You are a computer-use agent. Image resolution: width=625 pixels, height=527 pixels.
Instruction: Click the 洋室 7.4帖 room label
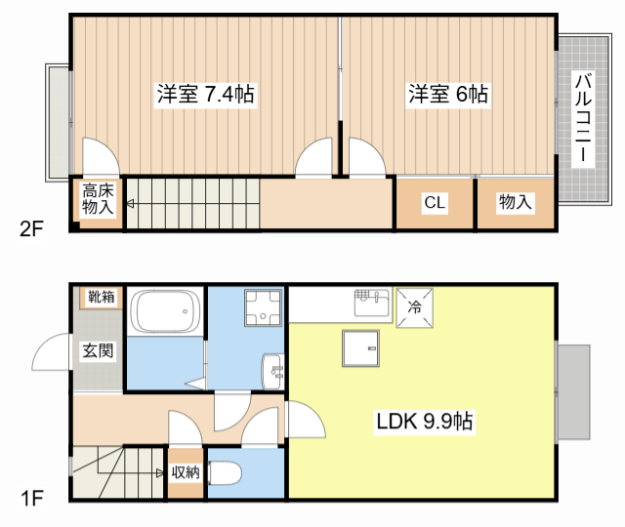[206, 95]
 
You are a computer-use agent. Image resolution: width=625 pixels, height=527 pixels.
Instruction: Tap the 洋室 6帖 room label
[447, 95]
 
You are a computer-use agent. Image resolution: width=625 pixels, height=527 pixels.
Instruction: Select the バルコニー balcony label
[582, 117]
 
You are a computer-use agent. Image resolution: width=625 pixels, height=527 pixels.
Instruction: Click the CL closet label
[435, 203]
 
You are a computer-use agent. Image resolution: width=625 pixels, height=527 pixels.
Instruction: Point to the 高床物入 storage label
[98, 198]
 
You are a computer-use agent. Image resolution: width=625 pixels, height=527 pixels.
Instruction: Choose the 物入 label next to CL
[515, 203]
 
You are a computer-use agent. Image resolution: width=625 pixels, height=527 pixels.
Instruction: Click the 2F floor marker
[32, 230]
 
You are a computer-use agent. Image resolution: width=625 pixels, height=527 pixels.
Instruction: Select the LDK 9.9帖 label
[426, 422]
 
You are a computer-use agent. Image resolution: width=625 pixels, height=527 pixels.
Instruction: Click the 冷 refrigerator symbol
[414, 306]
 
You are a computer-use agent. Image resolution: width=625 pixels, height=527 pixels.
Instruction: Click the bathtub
[165, 312]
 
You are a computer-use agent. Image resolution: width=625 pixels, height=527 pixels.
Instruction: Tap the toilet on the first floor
[226, 474]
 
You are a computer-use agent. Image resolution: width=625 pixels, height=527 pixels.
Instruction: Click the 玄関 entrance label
[98, 351]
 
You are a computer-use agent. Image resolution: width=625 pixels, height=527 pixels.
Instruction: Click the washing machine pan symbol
[260, 309]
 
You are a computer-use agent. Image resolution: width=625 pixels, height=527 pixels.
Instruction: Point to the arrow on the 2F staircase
[131, 204]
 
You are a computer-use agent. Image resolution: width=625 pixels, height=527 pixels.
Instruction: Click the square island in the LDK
[357, 347]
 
